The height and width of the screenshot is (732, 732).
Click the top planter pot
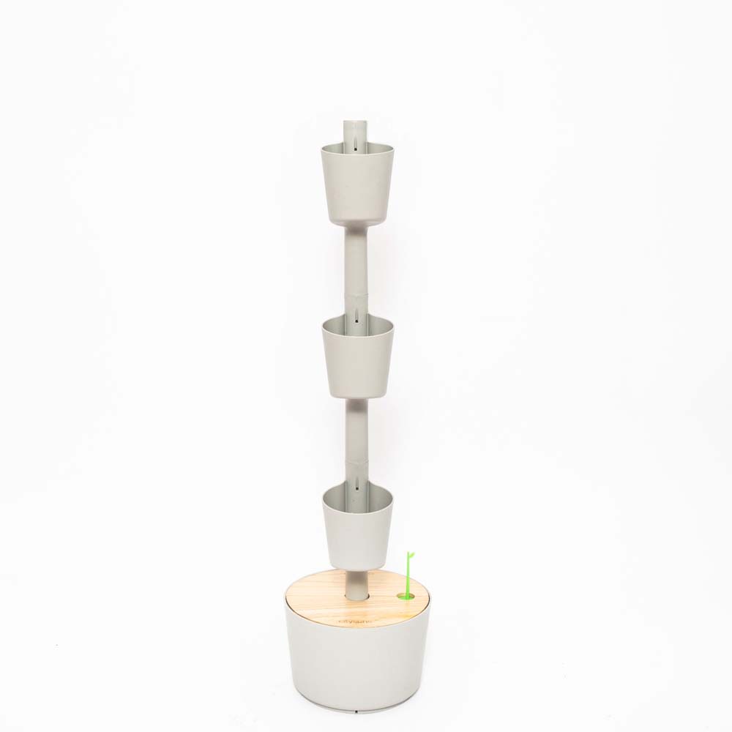(356, 187)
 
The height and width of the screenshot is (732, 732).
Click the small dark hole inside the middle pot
(356, 321)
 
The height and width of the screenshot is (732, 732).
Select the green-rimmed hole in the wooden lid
(403, 596)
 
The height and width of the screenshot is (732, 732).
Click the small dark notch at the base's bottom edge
(356, 709)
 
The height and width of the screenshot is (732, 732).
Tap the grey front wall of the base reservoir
(356, 666)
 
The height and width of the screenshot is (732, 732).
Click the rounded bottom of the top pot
(356, 220)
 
